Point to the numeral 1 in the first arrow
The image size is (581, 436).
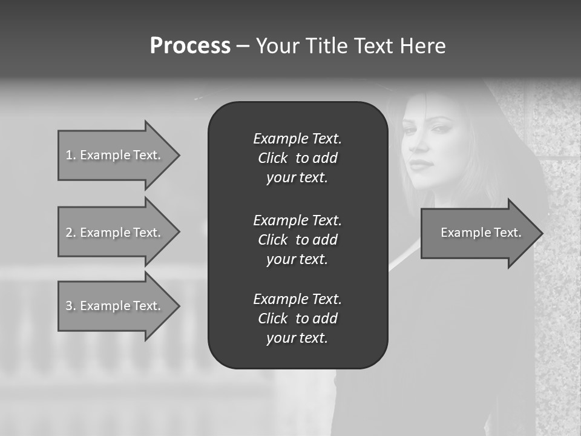tap(69, 155)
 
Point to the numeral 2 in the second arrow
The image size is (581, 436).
tap(69, 233)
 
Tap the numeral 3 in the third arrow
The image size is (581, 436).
tap(69, 306)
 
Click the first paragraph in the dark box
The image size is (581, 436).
tap(297, 158)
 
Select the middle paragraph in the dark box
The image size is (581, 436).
tap(297, 240)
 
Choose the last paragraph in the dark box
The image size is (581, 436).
tap(297, 319)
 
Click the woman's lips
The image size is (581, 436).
tap(422, 165)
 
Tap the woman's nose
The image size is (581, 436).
tap(418, 146)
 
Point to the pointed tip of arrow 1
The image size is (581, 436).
tap(179, 155)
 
